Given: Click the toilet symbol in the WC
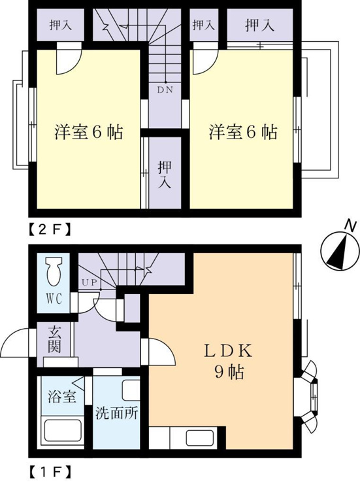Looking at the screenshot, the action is (54, 271).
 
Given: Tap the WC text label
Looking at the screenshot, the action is (54, 299).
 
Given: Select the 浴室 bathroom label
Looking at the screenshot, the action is (62, 396).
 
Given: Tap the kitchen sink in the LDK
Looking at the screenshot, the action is (200, 438).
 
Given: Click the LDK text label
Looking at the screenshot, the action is (228, 352).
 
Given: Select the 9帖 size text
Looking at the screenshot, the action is (229, 372).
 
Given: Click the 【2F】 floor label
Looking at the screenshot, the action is (50, 229).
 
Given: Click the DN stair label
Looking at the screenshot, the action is (165, 90).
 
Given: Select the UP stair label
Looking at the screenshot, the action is (90, 282).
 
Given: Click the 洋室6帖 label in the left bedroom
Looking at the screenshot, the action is (89, 132).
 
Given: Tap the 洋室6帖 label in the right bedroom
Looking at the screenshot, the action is (243, 132).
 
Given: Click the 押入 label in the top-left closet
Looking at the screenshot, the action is (61, 25).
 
